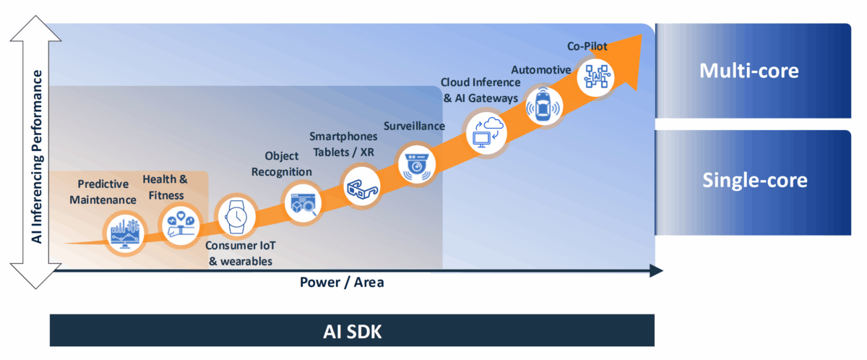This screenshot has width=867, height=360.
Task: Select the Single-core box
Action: (x=753, y=181)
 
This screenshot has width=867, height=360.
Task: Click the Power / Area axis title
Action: (x=342, y=282)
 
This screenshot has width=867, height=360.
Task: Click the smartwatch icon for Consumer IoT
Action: (x=236, y=216)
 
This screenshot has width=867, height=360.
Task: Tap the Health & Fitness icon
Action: (x=178, y=222)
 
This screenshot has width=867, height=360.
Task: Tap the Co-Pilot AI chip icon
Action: (x=598, y=76)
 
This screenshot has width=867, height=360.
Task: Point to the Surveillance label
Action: (x=414, y=126)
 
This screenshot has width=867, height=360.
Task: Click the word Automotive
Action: (x=541, y=69)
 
